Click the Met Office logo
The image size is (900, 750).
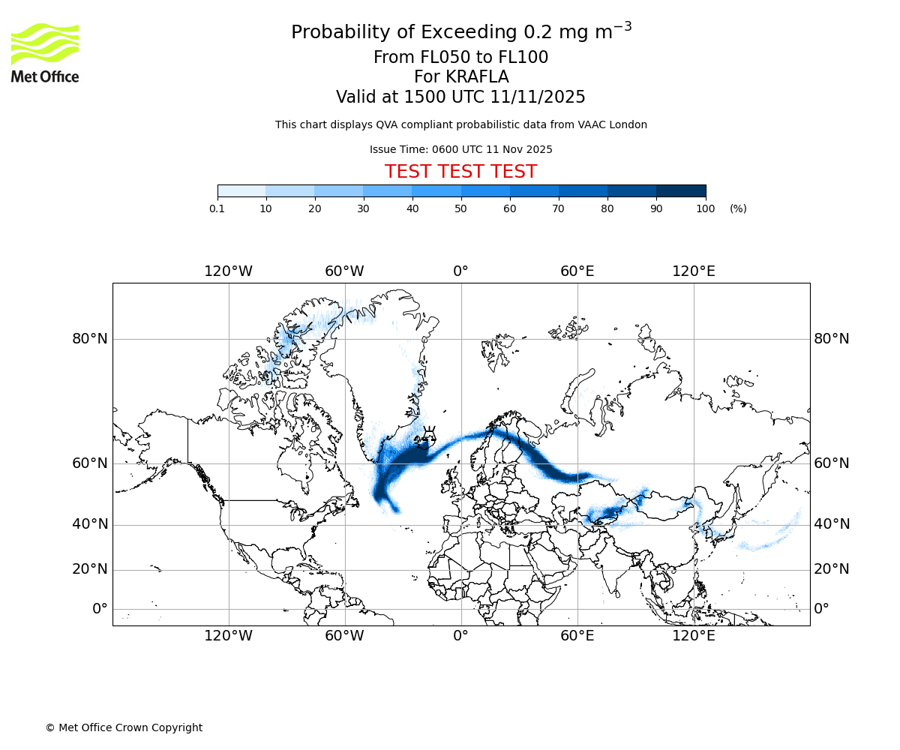click(x=45, y=52)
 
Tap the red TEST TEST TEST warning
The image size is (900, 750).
click(x=460, y=172)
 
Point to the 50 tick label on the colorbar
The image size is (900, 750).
click(x=460, y=208)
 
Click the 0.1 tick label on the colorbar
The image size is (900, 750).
click(x=217, y=208)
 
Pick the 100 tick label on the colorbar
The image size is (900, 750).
click(x=705, y=208)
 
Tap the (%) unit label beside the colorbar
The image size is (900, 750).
click(x=738, y=208)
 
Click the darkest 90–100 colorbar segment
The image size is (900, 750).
click(x=681, y=191)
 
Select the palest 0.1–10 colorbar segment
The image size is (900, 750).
click(x=241, y=191)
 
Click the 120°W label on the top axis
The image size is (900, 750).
click(x=228, y=271)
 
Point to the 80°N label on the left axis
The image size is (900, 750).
click(x=90, y=339)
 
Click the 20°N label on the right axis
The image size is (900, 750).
click(x=832, y=569)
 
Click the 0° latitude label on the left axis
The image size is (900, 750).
click(x=100, y=609)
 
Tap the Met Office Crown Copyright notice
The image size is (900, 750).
click(x=124, y=727)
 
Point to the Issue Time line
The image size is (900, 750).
click(x=460, y=150)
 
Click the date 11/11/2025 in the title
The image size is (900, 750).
click(x=538, y=97)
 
